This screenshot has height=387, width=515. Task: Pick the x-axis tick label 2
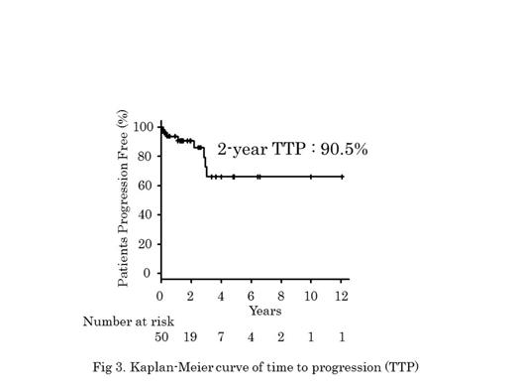[x=190, y=296]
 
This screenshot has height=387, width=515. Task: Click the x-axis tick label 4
[x=221, y=296]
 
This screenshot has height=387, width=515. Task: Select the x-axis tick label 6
[x=251, y=296]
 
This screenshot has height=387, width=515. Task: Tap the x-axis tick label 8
[x=280, y=296]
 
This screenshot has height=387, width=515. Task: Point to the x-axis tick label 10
[x=311, y=296]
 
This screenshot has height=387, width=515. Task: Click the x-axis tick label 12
[x=341, y=296]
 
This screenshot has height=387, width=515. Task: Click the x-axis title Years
[x=265, y=310]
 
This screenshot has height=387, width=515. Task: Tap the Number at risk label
[x=125, y=322]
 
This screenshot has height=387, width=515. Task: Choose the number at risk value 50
[x=161, y=337]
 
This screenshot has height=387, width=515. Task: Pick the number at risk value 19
[x=190, y=337]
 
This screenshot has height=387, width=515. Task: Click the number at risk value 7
[x=221, y=337]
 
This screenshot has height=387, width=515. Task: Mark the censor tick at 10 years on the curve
[x=311, y=177]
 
